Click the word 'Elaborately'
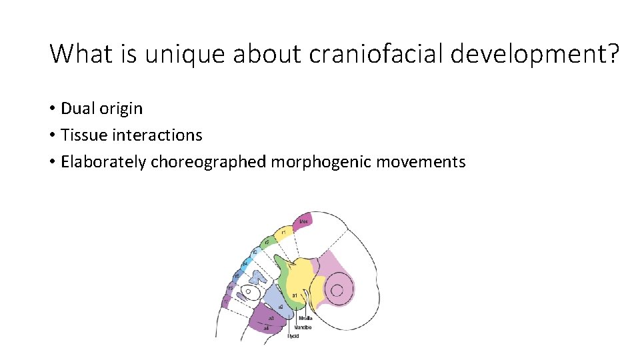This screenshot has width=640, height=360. pyautogui.click(x=103, y=162)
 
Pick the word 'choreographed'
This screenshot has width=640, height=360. pyautogui.click(x=209, y=162)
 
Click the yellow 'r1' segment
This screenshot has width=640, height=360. pyautogui.click(x=283, y=231)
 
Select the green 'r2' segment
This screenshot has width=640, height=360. pyautogui.click(x=266, y=241)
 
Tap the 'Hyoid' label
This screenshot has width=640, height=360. pyautogui.click(x=293, y=336)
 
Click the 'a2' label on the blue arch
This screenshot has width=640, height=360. pyautogui.click(x=281, y=306)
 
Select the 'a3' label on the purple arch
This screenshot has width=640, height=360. pyautogui.click(x=271, y=319)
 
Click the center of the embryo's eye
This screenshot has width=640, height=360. pyautogui.click(x=337, y=289)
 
